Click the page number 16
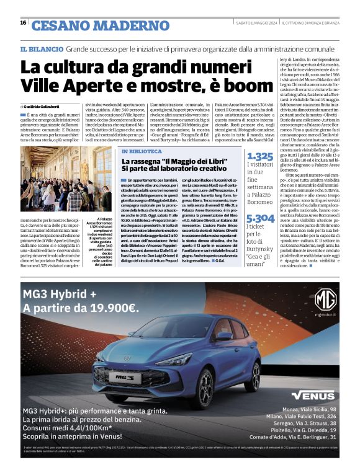coord(23,23)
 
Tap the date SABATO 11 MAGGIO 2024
coord(255,23)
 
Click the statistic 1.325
coord(259,157)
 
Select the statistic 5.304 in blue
coord(260,218)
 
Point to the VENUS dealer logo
coord(313,395)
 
